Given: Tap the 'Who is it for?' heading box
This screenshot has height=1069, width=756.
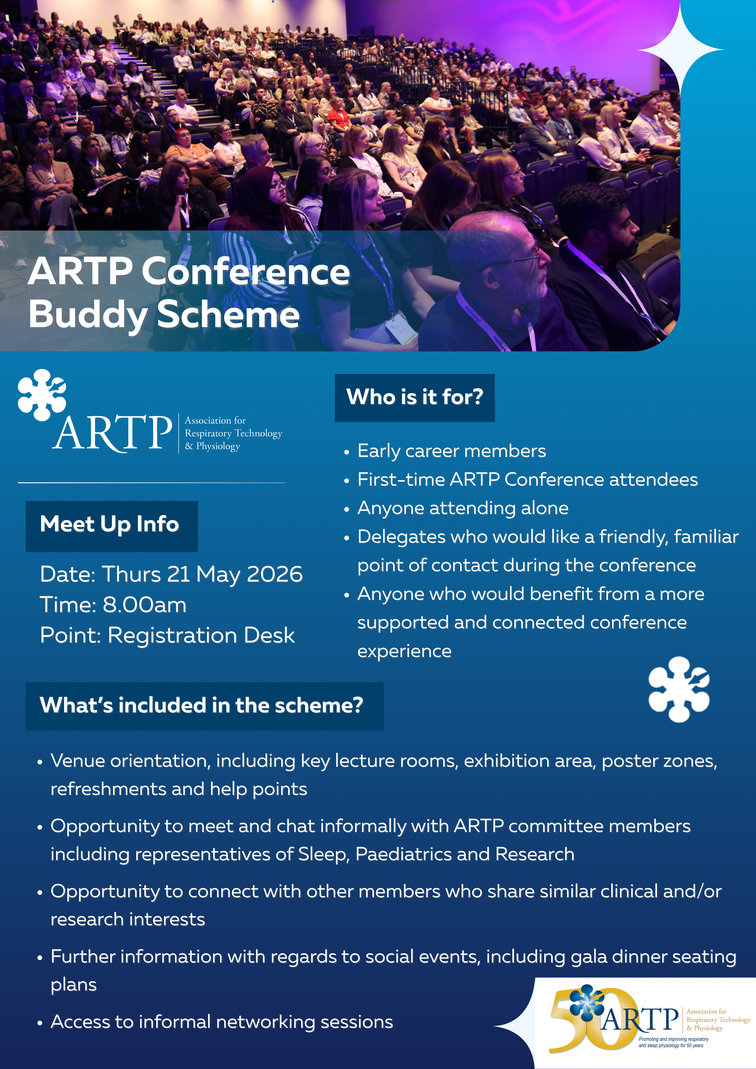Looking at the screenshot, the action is [x=415, y=398].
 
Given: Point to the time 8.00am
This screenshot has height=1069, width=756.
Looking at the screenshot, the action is [x=144, y=605].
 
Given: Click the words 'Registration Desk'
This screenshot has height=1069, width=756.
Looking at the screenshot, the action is [x=201, y=635].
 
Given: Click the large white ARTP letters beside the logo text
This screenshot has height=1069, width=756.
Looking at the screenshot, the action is [x=112, y=433].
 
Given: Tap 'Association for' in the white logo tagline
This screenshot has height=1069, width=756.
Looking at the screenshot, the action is [x=215, y=420].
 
